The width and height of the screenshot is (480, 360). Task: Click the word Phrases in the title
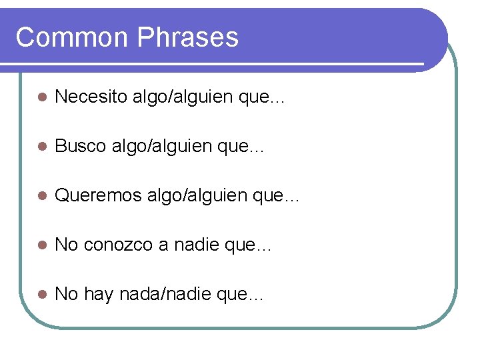click(188, 37)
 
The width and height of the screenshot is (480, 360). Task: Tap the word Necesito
click(91, 97)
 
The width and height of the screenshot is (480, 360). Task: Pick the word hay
click(99, 295)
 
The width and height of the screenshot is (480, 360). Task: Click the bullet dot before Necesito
click(41, 98)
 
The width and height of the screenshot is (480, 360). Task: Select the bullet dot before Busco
click(41, 147)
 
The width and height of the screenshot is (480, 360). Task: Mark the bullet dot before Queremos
click(41, 196)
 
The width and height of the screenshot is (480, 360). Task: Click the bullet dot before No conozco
click(41, 245)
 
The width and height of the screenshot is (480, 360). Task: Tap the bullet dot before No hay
click(41, 295)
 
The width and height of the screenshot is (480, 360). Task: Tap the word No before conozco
click(66, 245)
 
